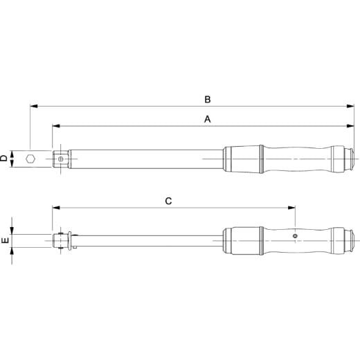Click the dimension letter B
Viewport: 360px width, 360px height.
(208, 100)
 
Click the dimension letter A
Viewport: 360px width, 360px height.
(208, 119)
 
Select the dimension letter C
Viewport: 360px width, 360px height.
(168, 201)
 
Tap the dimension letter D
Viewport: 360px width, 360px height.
(3, 159)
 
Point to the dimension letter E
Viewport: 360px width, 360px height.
(5, 240)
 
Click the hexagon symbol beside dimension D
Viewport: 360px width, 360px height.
(30, 159)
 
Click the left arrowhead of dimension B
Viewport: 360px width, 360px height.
(34, 106)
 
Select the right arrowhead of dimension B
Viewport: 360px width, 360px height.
(350, 106)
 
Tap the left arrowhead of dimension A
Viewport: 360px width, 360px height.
(56, 126)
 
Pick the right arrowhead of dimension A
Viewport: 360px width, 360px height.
(350, 126)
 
